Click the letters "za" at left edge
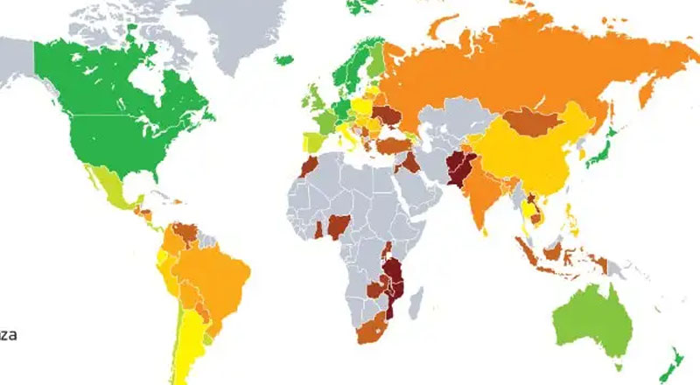click(x=9, y=333)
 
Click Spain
click(x=313, y=142)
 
